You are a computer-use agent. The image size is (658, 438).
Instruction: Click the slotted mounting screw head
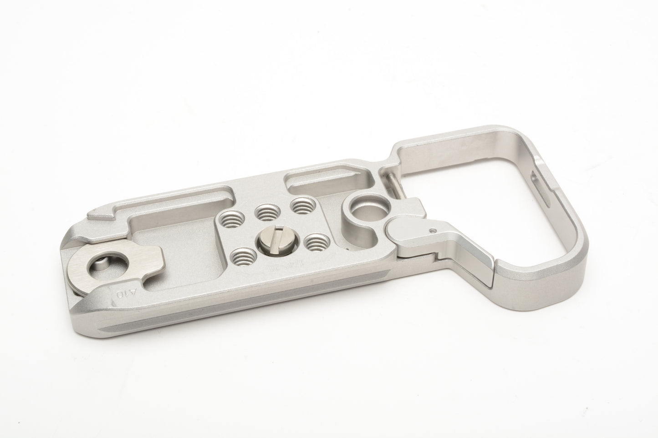270,237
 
